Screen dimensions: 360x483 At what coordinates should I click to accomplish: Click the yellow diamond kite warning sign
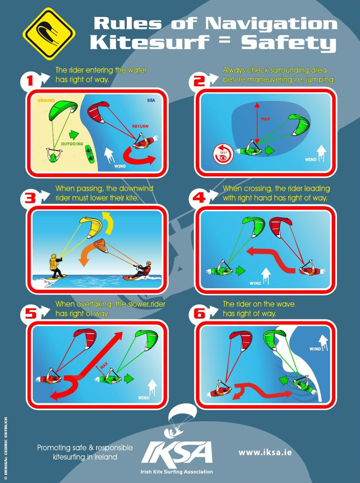point(49,34)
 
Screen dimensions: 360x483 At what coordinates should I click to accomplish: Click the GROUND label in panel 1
point(46,101)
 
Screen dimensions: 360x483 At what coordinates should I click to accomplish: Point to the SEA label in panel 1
point(151,100)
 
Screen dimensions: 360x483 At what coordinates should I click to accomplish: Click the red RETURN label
point(140,126)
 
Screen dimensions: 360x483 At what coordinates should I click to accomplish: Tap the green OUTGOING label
point(72,144)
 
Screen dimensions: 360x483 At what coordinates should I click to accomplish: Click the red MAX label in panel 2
point(265,119)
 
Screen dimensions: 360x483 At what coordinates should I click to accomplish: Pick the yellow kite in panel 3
point(91,227)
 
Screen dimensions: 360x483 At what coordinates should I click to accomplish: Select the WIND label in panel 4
point(255,283)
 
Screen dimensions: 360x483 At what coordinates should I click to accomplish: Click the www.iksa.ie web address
point(265,452)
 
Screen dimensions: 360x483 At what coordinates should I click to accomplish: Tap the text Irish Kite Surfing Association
point(177,472)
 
